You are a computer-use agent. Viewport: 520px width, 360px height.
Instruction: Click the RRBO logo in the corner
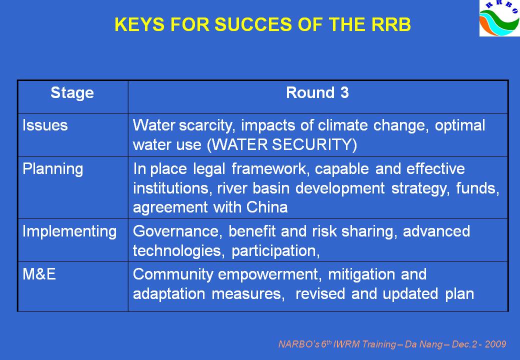click(499, 18)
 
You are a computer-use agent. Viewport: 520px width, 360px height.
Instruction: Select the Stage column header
click(72, 93)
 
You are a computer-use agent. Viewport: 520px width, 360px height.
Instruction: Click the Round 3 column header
click(317, 92)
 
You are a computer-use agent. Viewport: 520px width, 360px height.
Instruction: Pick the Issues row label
click(45, 125)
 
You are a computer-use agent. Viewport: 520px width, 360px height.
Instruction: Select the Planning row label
click(52, 169)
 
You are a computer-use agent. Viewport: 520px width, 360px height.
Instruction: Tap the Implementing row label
click(69, 231)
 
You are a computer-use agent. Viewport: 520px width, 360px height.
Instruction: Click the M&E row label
click(39, 274)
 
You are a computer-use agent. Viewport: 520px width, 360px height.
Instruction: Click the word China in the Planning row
click(267, 207)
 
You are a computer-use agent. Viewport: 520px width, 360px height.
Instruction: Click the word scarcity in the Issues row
click(207, 125)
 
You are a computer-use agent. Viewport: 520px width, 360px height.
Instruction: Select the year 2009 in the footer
click(495, 344)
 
